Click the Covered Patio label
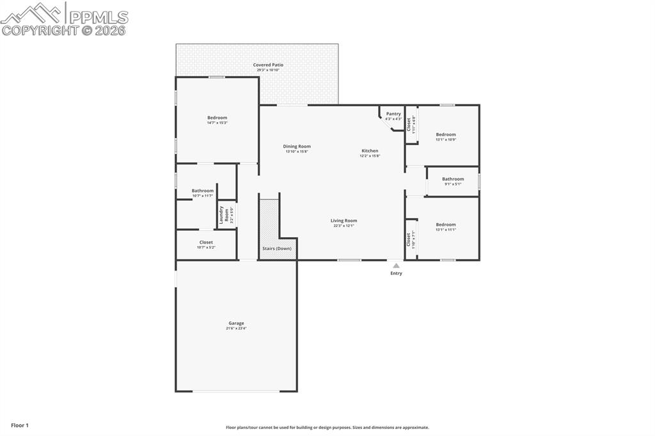[x=268, y=65]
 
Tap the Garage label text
[x=236, y=323]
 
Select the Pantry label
[x=393, y=114]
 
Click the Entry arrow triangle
[x=396, y=265]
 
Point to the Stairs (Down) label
[x=277, y=249]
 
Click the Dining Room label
[x=297, y=146]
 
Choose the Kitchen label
[x=370, y=151]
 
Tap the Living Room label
[x=343, y=221]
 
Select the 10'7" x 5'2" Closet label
[x=206, y=242]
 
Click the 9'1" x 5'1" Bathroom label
[x=453, y=179]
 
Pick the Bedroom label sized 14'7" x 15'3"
[x=217, y=118]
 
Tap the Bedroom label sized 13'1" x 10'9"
[x=446, y=134]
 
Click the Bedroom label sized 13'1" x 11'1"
[x=446, y=224]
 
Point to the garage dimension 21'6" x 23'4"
[x=236, y=329]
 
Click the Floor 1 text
[x=20, y=425]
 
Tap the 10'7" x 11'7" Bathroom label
[x=202, y=191]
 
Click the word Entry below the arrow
[x=397, y=274]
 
